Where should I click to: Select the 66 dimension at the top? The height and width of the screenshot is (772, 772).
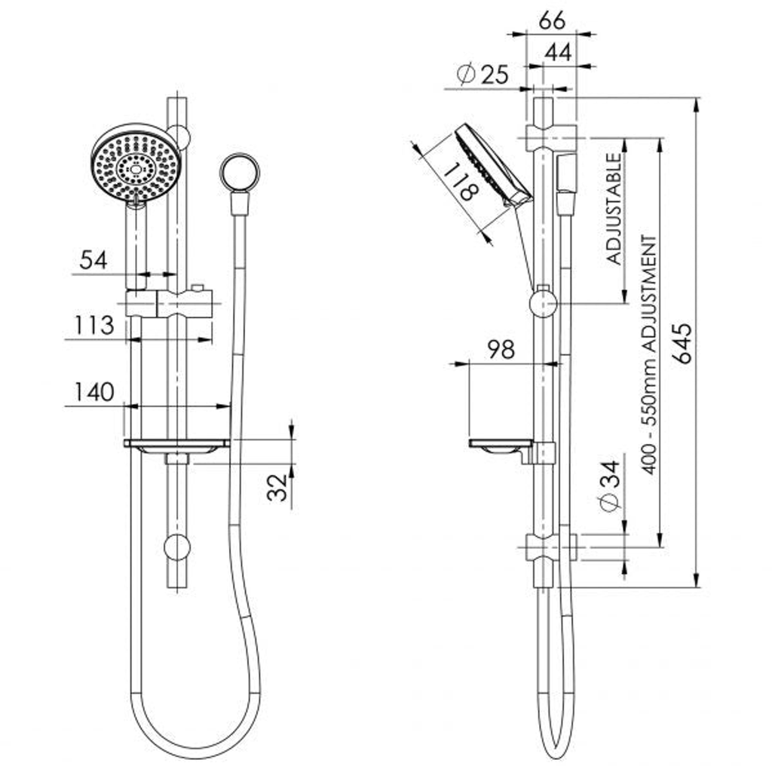pyautogui.click(x=552, y=20)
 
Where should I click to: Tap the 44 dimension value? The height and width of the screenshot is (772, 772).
pyautogui.click(x=559, y=52)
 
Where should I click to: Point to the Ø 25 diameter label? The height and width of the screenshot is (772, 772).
pyautogui.click(x=482, y=75)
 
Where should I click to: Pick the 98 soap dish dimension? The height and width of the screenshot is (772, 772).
pyautogui.click(x=501, y=350)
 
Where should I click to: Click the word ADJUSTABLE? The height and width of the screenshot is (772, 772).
pyautogui.click(x=614, y=210)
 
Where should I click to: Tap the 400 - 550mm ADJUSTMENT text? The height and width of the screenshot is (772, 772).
pyautogui.click(x=649, y=355)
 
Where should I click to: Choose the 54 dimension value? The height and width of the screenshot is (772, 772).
pyautogui.click(x=93, y=260)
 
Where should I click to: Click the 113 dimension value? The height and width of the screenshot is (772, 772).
pyautogui.click(x=94, y=326)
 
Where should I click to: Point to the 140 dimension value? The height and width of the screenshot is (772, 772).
pyautogui.click(x=94, y=392)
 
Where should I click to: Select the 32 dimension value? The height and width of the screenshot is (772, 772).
pyautogui.click(x=277, y=487)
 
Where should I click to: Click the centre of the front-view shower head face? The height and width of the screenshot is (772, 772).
pyautogui.click(x=136, y=168)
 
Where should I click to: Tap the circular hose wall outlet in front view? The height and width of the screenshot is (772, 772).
pyautogui.click(x=239, y=173)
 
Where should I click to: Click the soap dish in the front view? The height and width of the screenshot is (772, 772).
pyautogui.click(x=176, y=446)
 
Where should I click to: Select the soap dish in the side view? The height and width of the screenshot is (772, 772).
pyautogui.click(x=501, y=446)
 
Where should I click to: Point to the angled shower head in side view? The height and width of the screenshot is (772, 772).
pyautogui.click(x=493, y=166)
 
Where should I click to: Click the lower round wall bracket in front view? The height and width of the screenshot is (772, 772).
pyautogui.click(x=177, y=547)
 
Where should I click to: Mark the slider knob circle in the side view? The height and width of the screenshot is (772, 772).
pyautogui.click(x=543, y=303)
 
